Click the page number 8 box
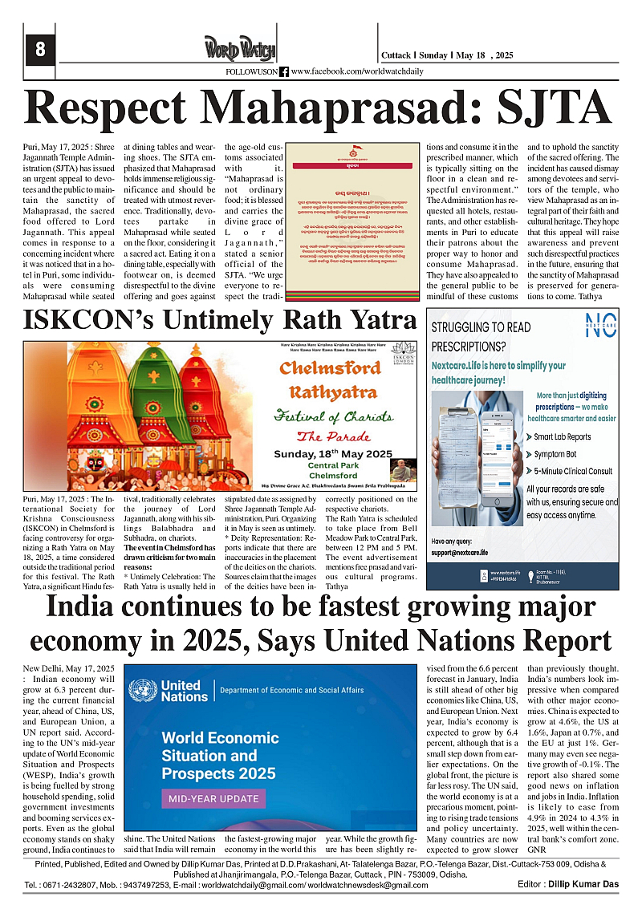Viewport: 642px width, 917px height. point(39,51)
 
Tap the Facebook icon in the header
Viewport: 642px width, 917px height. point(284,72)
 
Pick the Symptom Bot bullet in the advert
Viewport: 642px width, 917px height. point(555,454)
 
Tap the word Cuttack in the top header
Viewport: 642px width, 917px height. point(397,55)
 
